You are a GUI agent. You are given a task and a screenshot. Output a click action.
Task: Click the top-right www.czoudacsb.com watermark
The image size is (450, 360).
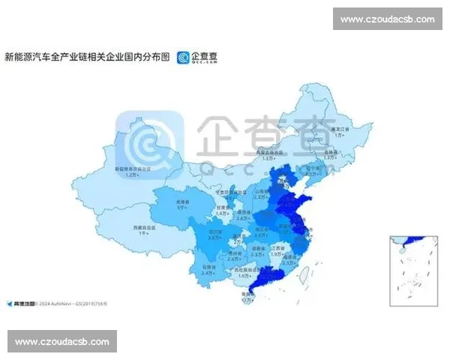tap(387, 19)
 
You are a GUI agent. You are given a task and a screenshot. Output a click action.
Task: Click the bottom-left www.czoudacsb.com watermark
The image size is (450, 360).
tap(63, 342)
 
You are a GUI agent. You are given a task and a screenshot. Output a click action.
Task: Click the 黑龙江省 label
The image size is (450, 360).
tap(342, 129)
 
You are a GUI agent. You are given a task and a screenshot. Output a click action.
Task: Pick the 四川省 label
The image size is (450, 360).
tap(215, 233)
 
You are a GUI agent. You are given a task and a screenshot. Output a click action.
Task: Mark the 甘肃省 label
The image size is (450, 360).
tap(221, 208)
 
